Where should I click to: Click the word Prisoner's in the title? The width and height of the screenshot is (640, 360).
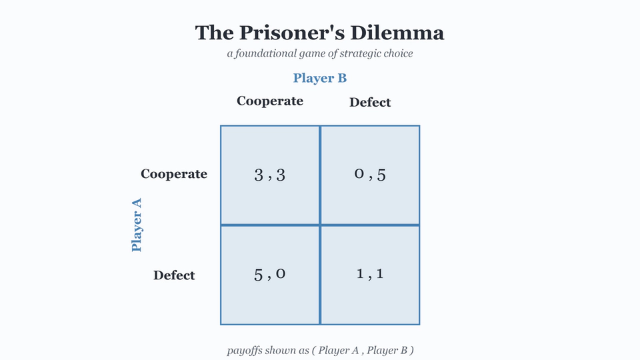point(292,33)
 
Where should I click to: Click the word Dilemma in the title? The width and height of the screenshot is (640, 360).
point(397,33)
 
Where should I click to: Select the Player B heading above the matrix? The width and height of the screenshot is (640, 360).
point(319,77)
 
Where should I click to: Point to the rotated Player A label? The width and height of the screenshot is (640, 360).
point(136,225)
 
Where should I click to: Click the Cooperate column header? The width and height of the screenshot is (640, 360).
point(270,101)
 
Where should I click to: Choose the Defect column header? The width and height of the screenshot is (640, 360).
point(370,102)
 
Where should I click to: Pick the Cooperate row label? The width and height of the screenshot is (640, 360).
point(174,174)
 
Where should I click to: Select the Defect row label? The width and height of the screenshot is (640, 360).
point(174,275)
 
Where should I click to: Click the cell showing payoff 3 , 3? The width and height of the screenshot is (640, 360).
point(270,175)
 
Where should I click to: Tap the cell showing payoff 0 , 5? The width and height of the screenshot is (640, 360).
point(370,175)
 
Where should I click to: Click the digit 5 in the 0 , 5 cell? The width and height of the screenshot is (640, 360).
point(381,175)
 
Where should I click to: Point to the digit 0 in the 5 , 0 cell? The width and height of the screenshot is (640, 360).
point(281,273)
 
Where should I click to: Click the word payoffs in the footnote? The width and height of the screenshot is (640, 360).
point(245,350)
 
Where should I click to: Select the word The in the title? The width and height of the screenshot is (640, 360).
point(214,33)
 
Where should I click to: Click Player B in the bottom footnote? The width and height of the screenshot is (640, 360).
point(387,350)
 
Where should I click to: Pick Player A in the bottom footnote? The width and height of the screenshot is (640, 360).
point(339,350)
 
